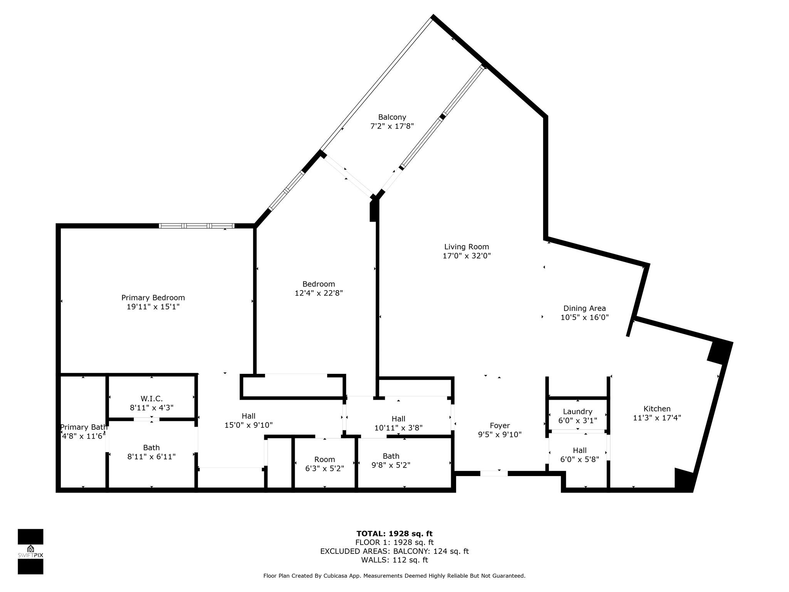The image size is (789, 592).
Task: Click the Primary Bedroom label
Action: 153,298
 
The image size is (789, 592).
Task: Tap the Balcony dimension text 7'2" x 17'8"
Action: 392,126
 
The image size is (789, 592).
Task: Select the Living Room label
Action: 467,247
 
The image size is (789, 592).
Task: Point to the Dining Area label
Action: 584,308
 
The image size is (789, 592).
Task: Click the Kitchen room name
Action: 657,409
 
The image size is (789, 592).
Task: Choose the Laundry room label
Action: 577,412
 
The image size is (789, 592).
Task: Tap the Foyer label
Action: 500,425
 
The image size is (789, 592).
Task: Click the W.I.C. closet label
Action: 151,399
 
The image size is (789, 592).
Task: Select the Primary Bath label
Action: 84,427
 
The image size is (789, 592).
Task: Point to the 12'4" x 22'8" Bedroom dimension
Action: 319,293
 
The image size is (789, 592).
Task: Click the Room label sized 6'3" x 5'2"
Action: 324,459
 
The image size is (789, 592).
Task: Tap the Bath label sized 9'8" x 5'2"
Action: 391,456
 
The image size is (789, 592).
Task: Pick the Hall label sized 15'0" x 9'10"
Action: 248,416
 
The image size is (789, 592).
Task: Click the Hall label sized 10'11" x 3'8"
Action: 398,419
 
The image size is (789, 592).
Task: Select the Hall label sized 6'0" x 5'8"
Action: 579,450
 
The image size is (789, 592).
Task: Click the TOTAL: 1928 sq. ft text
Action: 394,534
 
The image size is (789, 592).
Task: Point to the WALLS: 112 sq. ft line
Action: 394,560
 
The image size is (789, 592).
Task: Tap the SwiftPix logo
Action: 30,552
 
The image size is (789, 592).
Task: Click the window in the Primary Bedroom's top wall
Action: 196,226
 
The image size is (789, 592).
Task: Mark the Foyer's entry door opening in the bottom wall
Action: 494,473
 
